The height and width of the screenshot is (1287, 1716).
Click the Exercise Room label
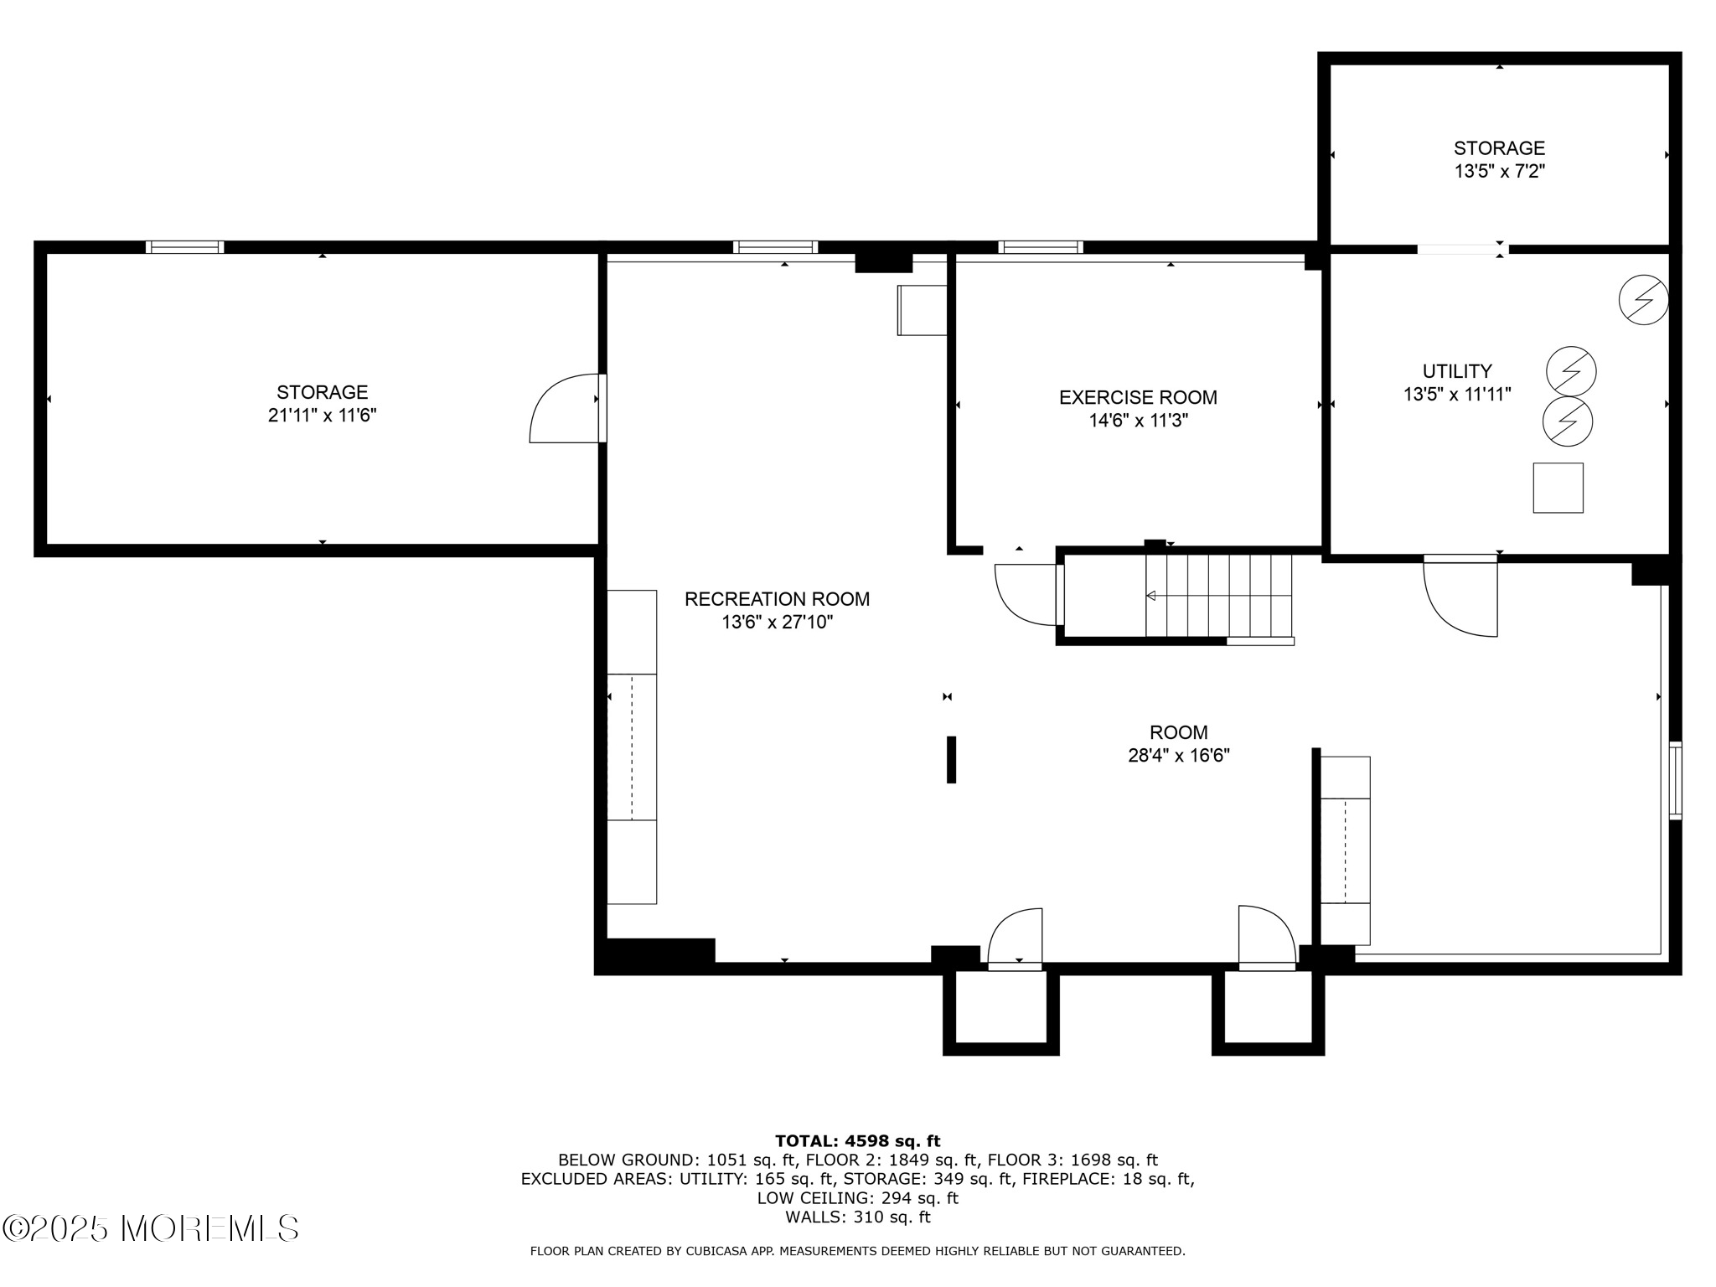pos(1138,397)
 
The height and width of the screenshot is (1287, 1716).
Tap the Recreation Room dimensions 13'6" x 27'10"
pos(777,623)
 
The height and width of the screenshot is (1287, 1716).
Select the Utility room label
pos(1457,371)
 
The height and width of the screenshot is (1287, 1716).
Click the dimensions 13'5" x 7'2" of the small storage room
pos(1499,172)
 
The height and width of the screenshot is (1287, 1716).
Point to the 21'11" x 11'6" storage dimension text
pos(322,416)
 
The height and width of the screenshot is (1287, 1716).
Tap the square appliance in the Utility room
pos(1558,488)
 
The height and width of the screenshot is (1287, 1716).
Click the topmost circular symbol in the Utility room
pos(1643,300)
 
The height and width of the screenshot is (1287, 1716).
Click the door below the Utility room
pos(1459,597)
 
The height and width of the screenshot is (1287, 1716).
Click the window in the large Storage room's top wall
pos(184,247)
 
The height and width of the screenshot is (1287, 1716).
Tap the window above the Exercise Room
pos(1040,247)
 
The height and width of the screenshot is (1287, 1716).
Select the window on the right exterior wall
pos(1674,780)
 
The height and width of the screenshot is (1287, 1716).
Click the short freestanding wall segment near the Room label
pos(951,759)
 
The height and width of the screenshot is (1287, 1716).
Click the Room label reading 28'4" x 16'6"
pos(1178,744)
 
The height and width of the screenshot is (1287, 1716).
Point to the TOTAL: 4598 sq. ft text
pos(857,1140)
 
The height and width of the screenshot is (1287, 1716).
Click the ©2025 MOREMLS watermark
pos(151,1228)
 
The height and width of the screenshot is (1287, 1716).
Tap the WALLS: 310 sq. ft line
pos(857,1217)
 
